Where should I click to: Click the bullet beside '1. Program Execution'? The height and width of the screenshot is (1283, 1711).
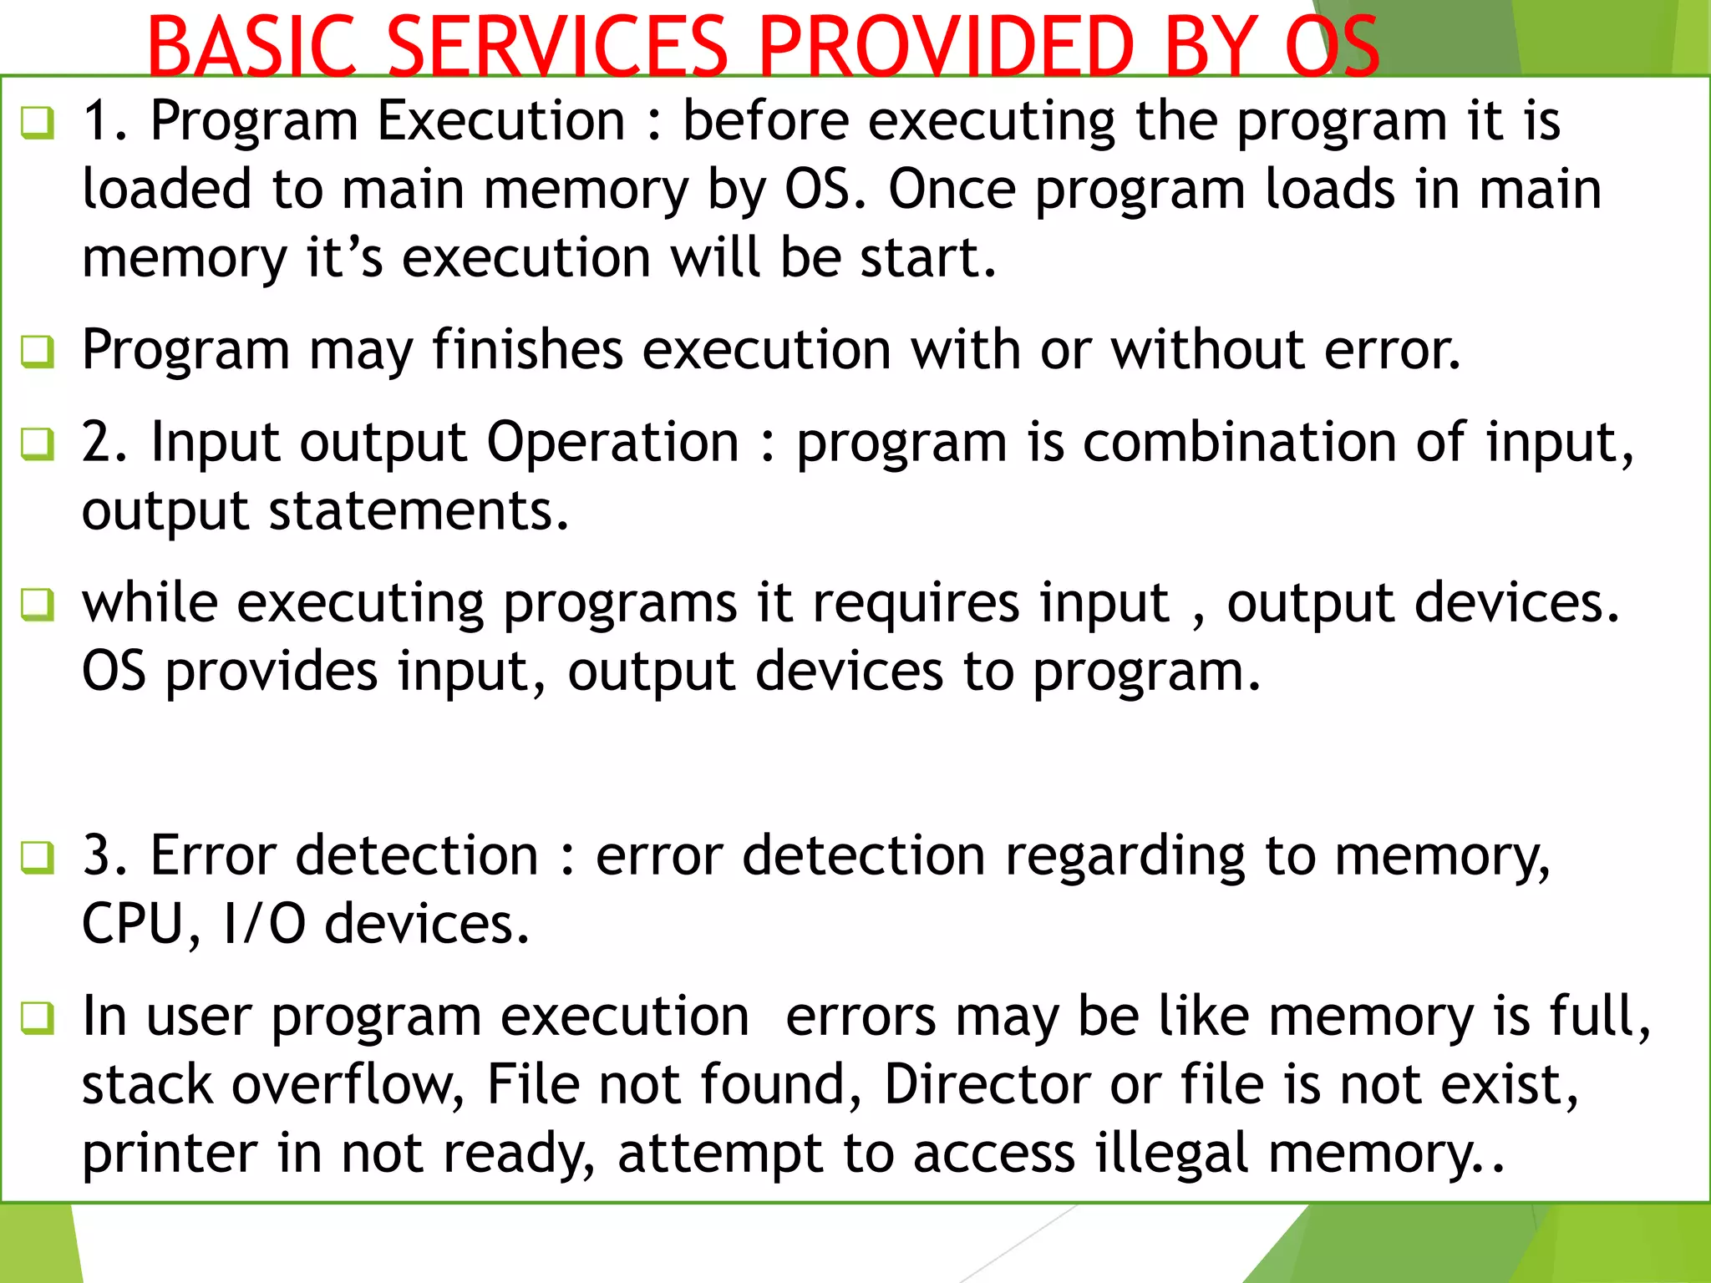point(38,124)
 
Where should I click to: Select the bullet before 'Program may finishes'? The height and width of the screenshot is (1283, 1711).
point(38,352)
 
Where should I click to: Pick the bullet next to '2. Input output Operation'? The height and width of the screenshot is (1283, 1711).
point(38,444)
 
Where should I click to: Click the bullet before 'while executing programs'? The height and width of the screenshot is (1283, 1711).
point(38,605)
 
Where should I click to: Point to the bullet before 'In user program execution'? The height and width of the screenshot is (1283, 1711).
point(38,1018)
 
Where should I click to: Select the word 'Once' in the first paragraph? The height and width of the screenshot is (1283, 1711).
point(951,190)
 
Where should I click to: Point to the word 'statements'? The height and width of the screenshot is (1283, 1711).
point(418,511)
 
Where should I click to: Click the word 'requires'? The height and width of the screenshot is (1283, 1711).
point(916,603)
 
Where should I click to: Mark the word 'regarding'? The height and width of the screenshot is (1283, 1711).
point(1125,858)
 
